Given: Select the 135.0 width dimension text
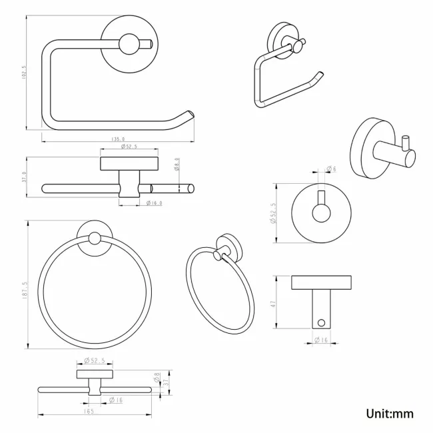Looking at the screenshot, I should coord(119,139).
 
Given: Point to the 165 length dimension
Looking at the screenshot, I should coord(89,412).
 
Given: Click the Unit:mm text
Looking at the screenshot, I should coord(390,414).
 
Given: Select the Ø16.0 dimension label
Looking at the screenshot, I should coord(154,203).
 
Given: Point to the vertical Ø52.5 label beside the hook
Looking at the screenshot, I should coord(274,214).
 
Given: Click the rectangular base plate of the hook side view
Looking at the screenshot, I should coord(321,282).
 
